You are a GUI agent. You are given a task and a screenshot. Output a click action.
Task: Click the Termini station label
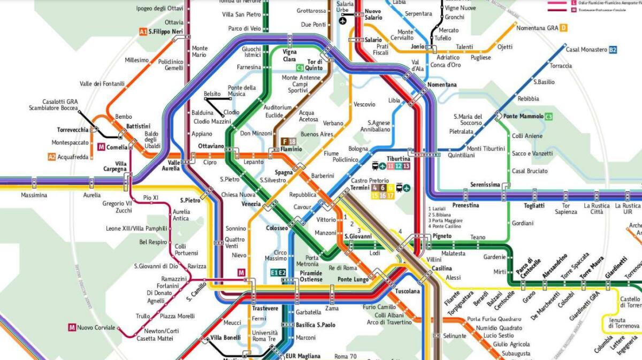(x=360, y=188)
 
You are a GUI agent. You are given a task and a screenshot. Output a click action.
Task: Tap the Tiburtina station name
(x=398, y=159)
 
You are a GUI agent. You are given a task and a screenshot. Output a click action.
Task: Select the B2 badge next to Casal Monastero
(x=613, y=50)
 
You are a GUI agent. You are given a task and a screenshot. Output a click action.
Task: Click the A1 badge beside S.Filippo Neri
(x=143, y=32)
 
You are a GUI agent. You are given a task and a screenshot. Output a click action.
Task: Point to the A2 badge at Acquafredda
(x=52, y=157)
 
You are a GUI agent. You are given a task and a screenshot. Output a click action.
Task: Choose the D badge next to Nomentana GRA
(x=564, y=28)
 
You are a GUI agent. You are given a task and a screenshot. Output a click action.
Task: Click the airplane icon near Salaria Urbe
(x=342, y=21)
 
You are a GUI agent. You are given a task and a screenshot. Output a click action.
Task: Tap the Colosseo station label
(x=277, y=228)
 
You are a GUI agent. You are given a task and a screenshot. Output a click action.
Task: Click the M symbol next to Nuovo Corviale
(x=72, y=327)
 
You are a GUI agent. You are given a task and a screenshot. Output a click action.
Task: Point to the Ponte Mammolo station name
(x=523, y=117)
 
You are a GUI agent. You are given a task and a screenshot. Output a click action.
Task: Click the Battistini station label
(x=138, y=126)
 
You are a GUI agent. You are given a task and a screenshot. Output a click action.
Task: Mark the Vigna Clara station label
(x=289, y=56)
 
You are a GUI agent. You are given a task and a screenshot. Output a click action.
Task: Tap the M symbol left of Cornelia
(x=101, y=147)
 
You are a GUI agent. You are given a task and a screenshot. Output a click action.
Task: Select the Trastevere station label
(x=265, y=308)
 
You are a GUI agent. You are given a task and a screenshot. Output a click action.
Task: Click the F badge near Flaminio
(x=285, y=141)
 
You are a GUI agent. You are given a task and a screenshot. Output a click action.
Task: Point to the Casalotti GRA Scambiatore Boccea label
(x=53, y=105)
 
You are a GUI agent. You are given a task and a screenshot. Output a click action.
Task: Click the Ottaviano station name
(x=211, y=145)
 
